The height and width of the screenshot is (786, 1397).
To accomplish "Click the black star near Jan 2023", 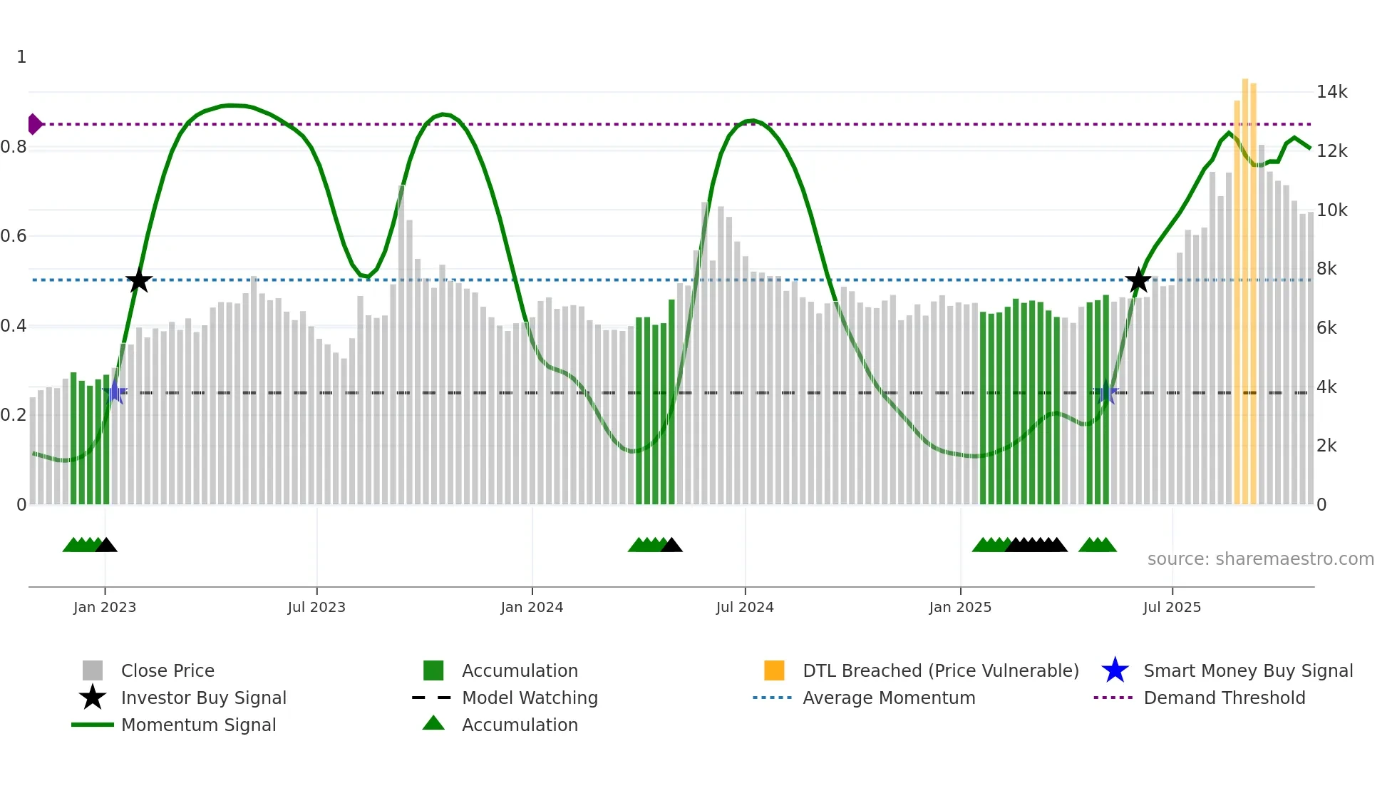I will click(x=139, y=281).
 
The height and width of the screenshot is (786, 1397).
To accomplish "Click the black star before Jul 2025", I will click(x=1138, y=281).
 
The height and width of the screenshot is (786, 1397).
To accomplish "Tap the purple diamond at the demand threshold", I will click(x=34, y=124).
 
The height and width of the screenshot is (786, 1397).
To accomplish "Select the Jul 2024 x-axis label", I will click(x=745, y=608).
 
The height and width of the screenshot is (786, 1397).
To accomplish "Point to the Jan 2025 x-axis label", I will click(x=960, y=608).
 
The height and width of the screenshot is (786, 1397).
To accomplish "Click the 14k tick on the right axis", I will click(x=1331, y=92).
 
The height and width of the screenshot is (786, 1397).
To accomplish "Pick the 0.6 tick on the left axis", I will click(x=14, y=236).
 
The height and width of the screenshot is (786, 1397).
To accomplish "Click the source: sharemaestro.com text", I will click(x=1260, y=559).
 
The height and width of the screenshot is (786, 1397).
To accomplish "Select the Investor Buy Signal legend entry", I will click(x=203, y=698).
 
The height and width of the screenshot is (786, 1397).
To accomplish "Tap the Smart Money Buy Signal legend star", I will click(x=1115, y=670).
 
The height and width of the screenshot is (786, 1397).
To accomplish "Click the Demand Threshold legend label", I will click(x=1224, y=698).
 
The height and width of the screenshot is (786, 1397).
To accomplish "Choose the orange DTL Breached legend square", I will click(x=774, y=670).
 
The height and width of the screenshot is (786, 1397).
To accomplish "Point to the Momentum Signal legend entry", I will click(x=198, y=725).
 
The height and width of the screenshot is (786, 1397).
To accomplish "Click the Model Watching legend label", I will click(x=530, y=698).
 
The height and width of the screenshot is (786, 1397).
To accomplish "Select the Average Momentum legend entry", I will click(x=889, y=698).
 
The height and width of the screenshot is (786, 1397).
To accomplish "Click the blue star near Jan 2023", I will click(x=115, y=392).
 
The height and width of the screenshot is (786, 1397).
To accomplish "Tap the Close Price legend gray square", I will click(x=93, y=670).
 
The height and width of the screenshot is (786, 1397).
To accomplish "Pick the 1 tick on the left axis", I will click(x=21, y=57).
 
